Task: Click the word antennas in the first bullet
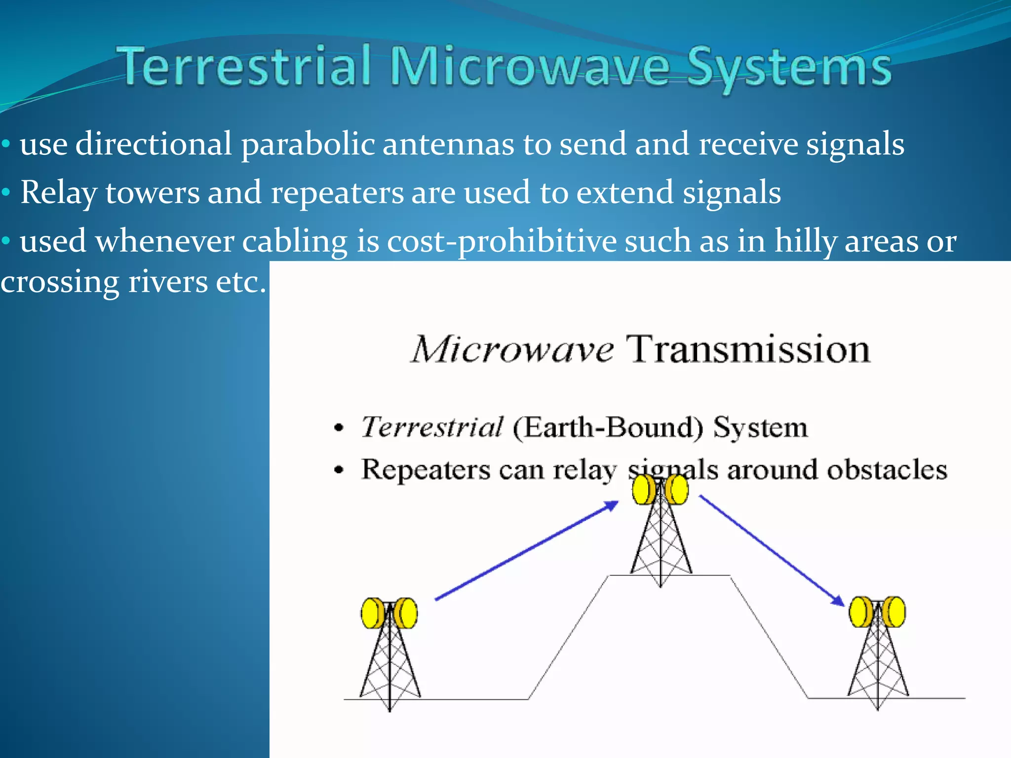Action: coord(448,145)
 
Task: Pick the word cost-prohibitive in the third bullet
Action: coord(501,242)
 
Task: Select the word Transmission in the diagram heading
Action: coord(748,349)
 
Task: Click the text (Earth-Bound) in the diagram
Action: coord(608,427)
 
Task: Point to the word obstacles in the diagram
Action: coord(887,470)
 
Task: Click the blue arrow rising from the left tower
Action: coord(526,550)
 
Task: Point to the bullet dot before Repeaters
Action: coord(338,470)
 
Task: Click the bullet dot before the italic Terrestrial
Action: coord(338,428)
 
